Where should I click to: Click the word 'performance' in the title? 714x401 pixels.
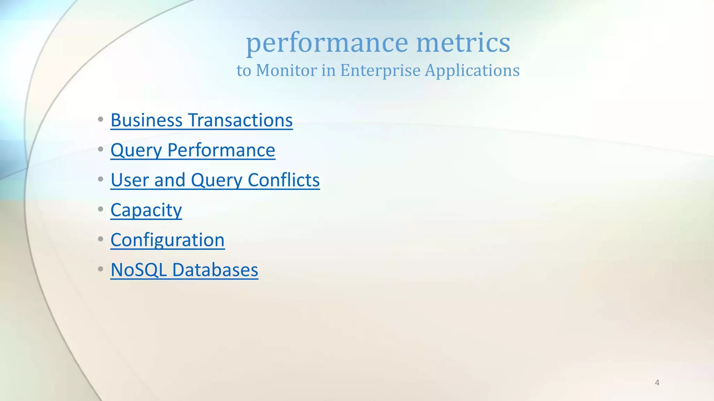point(327,43)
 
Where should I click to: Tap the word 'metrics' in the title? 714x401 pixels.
point(463,42)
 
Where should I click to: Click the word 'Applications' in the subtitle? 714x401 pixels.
point(472,71)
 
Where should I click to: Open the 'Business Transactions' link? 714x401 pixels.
point(202,120)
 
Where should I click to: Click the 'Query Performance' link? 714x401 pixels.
point(193,150)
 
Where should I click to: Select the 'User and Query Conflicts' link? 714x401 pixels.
point(215,180)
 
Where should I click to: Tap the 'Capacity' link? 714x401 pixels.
point(146,210)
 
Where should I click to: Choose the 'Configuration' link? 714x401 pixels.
point(167,240)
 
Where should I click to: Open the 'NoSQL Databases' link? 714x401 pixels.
point(184,270)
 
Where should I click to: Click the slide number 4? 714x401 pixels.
point(657,383)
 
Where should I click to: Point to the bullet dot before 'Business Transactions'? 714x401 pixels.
point(100,119)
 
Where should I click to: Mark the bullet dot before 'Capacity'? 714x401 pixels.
point(100,209)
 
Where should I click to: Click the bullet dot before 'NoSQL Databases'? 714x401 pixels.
point(100,269)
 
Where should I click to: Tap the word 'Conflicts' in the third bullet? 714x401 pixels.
point(283,180)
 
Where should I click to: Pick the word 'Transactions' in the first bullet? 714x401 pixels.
point(241,120)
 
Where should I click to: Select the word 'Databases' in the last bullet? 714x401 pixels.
point(215,270)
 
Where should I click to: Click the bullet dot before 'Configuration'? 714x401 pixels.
point(100,239)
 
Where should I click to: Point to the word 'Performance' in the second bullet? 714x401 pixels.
point(221,150)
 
